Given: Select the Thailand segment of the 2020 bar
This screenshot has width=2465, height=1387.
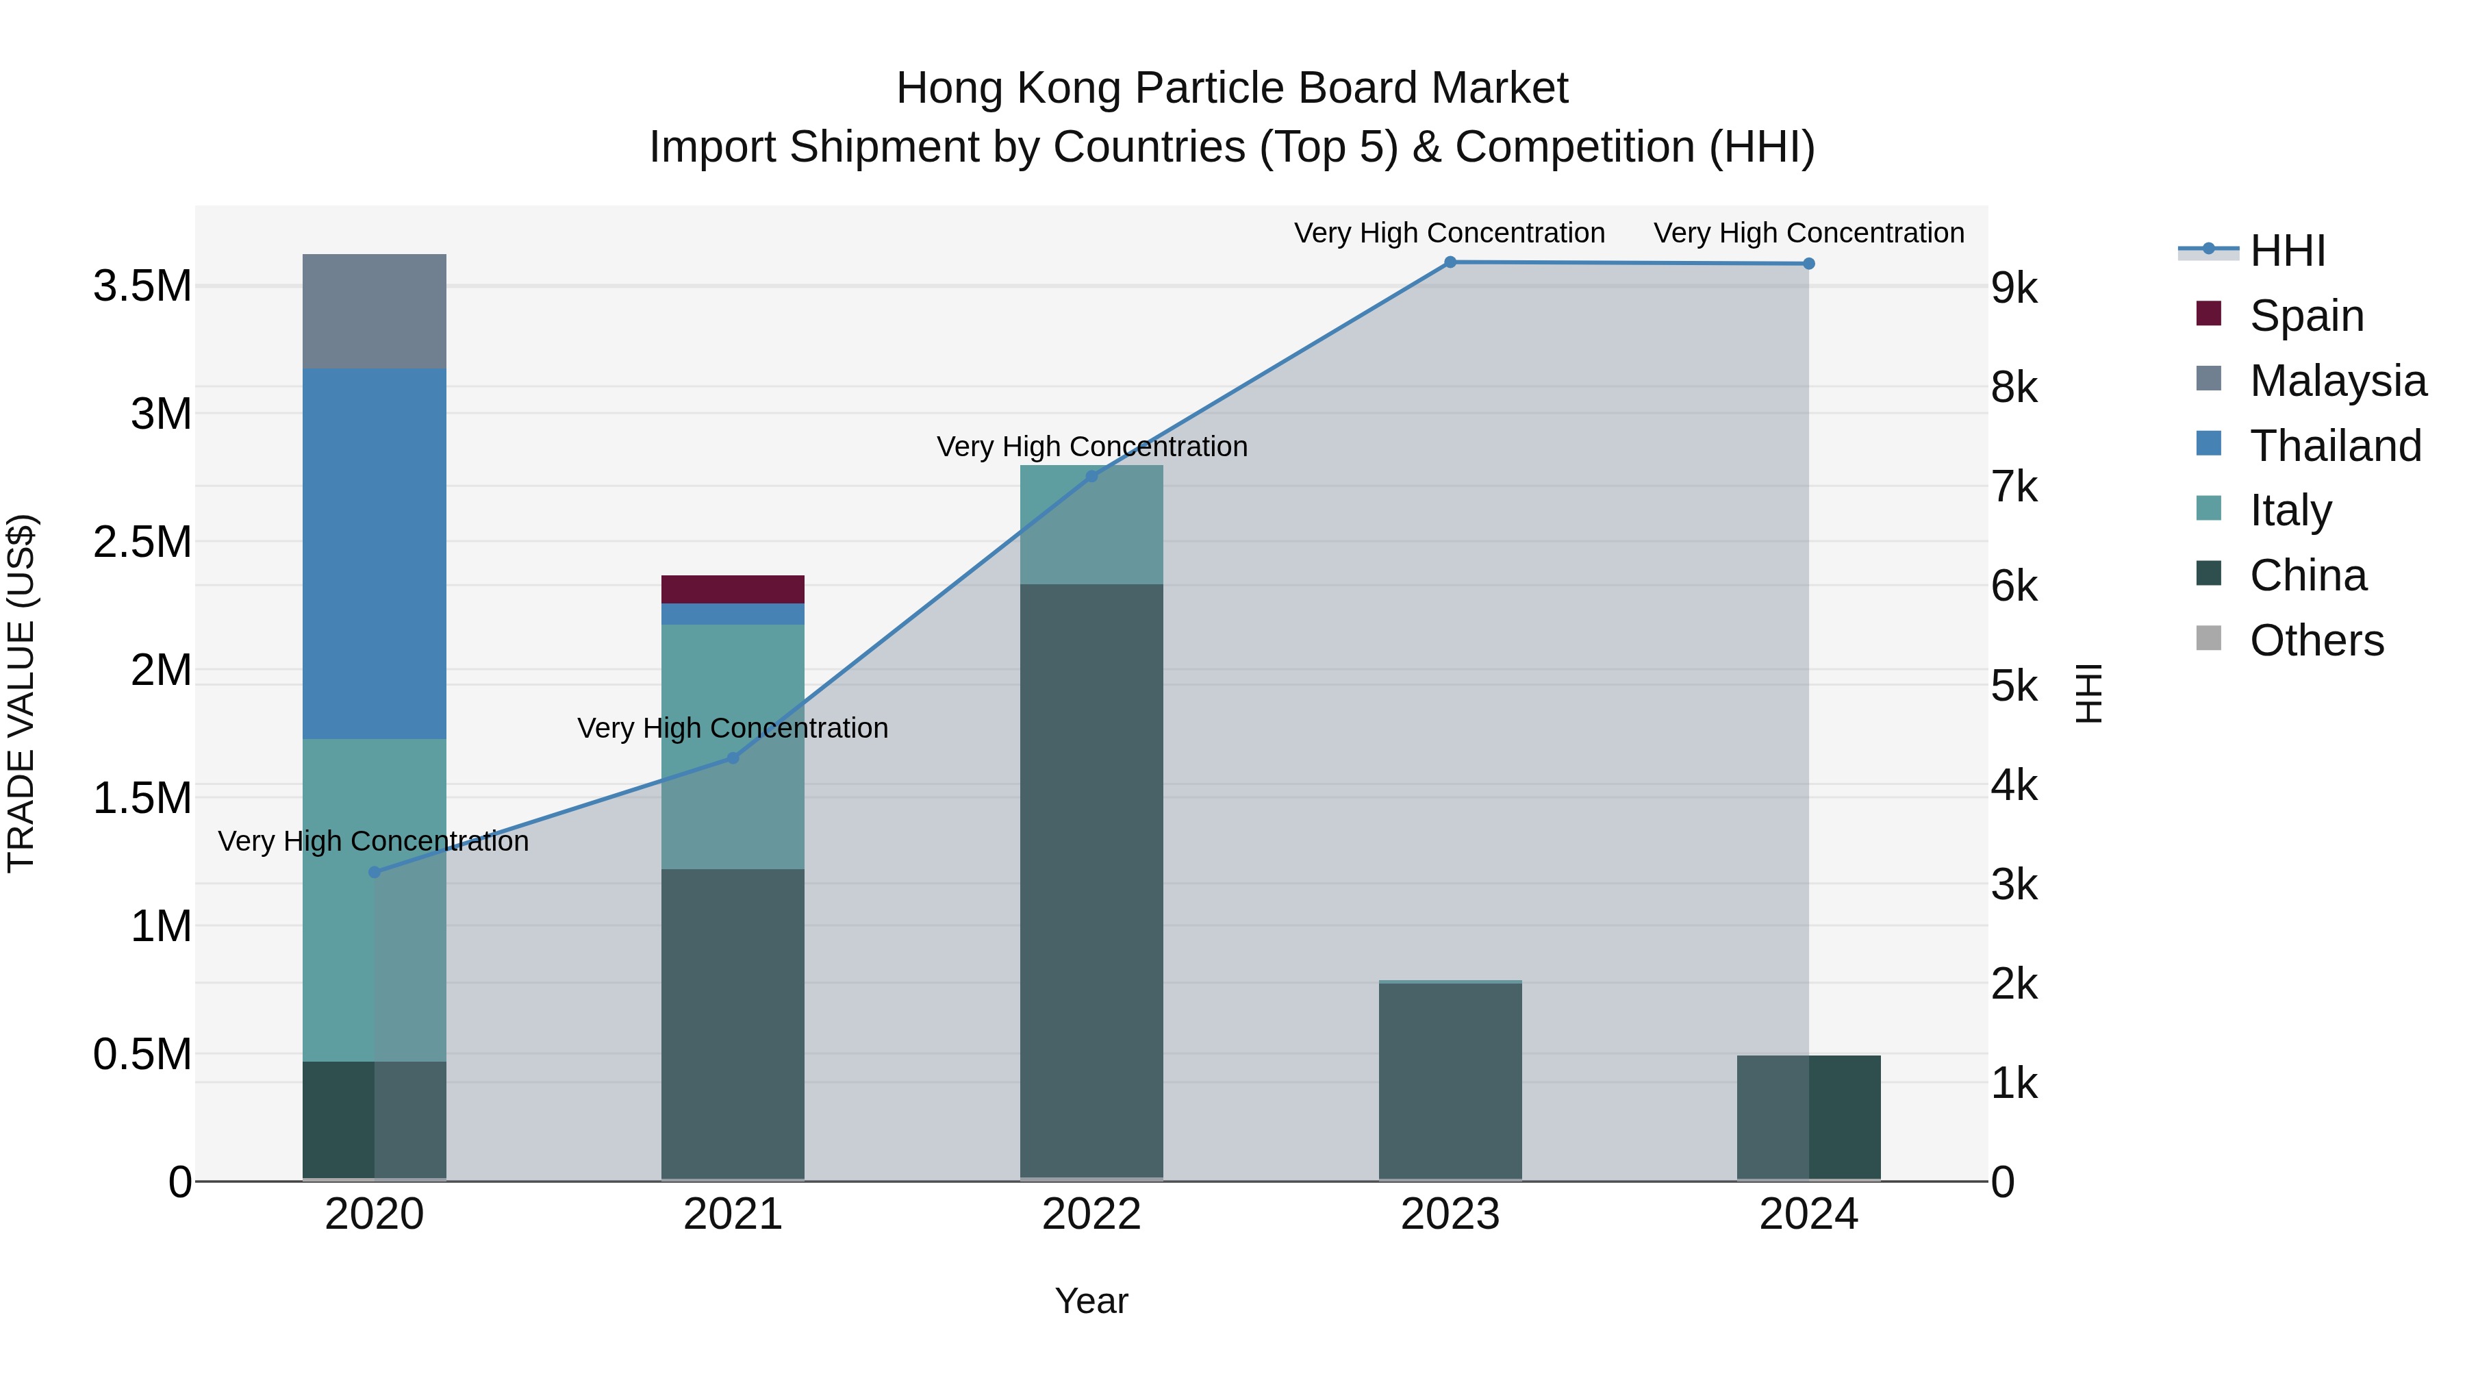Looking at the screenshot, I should click(x=374, y=553).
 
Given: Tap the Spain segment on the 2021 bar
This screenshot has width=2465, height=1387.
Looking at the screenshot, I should click(x=733, y=588).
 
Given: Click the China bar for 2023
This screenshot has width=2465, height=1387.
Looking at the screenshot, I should click(x=1450, y=1082).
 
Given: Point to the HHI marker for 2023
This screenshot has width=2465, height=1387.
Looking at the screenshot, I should click(x=1450, y=262).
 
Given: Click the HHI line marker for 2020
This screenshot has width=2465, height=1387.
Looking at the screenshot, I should click(x=374, y=872).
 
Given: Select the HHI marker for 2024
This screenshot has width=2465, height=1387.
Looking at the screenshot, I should click(x=1808, y=263).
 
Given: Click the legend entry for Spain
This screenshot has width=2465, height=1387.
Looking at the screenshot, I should click(x=2306, y=316).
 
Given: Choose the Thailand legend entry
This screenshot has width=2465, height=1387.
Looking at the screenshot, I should click(x=2335, y=446).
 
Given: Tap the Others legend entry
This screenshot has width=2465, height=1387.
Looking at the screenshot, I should click(x=2316, y=640).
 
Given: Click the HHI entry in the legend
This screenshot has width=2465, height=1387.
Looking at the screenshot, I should click(x=2287, y=251).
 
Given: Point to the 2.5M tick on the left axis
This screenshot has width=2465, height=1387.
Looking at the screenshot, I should click(x=142, y=542).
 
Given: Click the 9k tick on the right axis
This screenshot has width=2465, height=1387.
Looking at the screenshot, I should click(x=2014, y=287).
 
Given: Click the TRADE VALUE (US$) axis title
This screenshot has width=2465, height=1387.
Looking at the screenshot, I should click(x=21, y=693).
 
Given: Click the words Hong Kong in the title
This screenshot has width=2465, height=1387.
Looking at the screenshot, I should click(x=1009, y=88).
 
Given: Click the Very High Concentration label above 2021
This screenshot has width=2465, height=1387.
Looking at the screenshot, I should click(x=733, y=729).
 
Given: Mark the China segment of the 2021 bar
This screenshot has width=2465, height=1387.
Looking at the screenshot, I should click(x=733, y=1024).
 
